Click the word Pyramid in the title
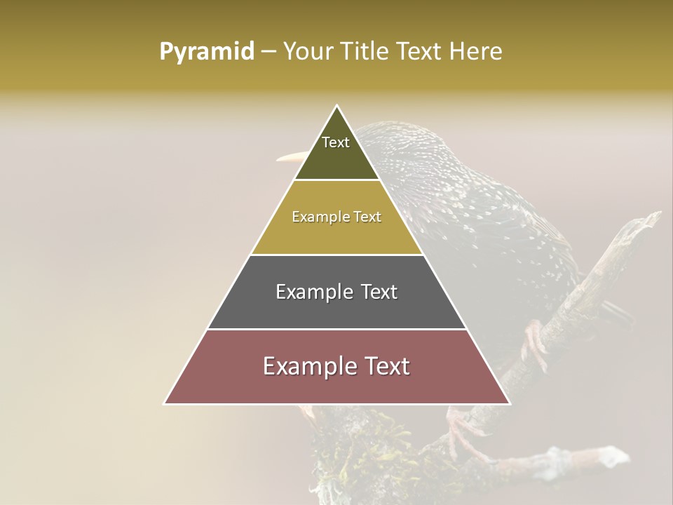pos(206,51)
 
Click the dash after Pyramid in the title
pos(268,52)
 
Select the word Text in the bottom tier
pos(384,366)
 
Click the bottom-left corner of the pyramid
pos(165,403)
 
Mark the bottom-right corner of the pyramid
pos(509,403)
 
